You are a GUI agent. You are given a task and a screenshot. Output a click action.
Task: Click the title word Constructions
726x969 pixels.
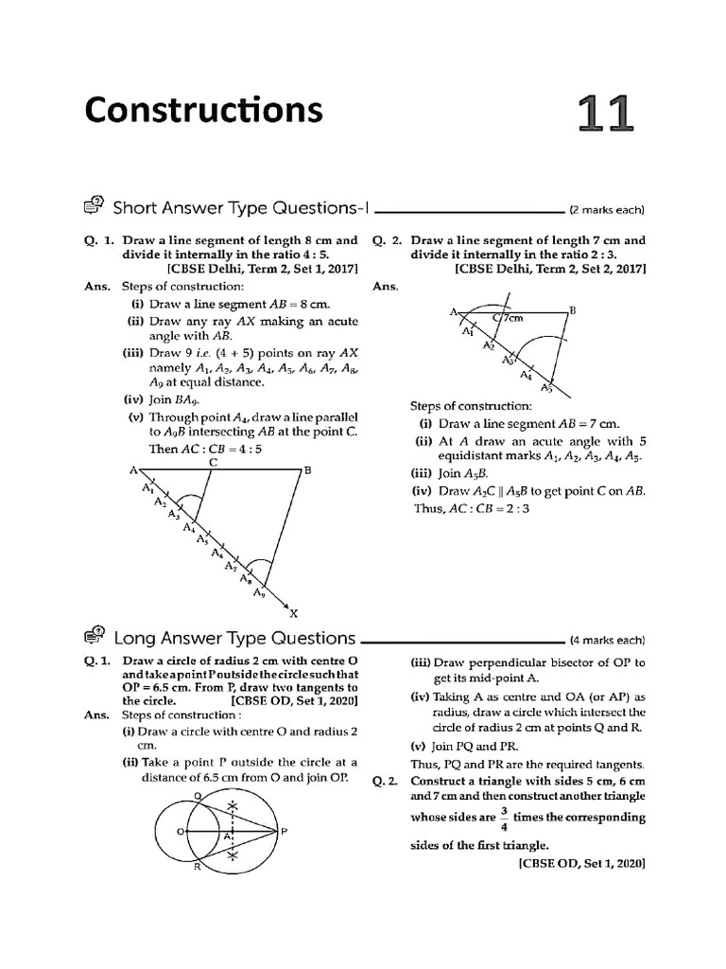203,112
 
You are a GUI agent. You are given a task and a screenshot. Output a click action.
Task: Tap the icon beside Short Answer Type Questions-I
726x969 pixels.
95,207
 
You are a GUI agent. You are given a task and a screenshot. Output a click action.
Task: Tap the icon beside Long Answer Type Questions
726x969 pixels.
95,638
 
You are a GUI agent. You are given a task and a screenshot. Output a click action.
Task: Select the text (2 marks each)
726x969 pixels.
606,210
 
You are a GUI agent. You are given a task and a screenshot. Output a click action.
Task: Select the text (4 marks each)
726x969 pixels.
606,641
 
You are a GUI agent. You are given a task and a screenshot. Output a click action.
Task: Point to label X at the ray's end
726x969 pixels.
292,613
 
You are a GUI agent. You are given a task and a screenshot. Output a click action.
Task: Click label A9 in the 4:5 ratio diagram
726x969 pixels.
259,593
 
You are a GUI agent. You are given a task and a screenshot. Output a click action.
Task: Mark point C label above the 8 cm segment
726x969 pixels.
214,462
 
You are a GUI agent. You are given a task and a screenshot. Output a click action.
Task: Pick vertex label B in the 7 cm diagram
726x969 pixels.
572,309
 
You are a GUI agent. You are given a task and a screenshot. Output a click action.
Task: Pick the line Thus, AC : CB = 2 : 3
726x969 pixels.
472,508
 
